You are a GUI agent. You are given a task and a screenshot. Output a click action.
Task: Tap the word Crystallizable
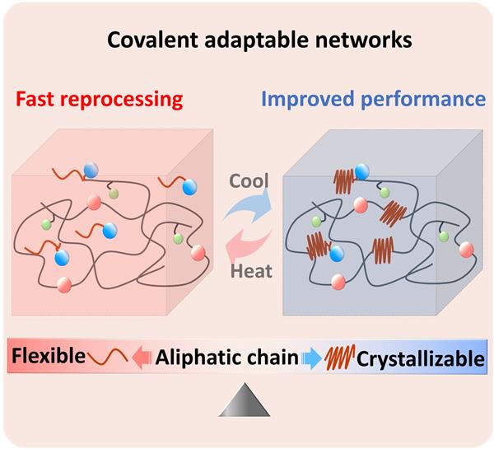(x=420, y=358)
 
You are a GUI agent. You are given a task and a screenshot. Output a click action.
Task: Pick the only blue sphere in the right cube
(x=337, y=252)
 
